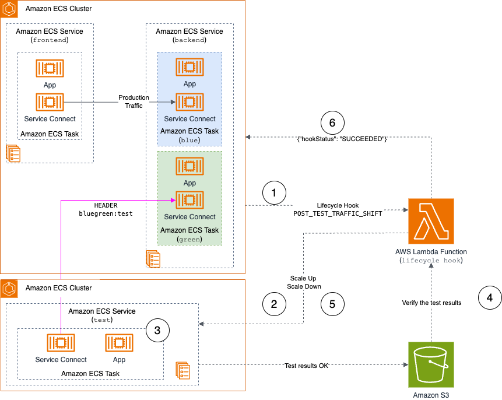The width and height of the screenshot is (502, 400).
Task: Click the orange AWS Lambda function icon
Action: tap(431, 220)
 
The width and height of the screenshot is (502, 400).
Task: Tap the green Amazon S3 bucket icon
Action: tap(431, 365)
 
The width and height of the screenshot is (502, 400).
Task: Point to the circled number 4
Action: tap(490, 298)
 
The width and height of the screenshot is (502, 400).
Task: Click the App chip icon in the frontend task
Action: tap(50, 69)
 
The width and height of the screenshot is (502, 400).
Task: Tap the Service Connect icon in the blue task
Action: tap(189, 103)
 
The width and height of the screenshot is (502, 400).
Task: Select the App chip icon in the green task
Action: tap(189, 167)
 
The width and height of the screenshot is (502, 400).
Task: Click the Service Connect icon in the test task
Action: tap(61, 343)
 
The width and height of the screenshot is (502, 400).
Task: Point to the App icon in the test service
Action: tap(118, 343)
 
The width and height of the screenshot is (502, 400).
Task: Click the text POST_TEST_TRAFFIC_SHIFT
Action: tap(338, 214)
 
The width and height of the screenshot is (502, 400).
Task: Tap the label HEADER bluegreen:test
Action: tap(106, 209)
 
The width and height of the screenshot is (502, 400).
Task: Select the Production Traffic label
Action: tap(134, 101)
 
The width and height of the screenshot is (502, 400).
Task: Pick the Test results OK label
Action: tap(306, 366)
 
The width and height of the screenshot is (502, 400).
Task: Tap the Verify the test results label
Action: tap(431, 303)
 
